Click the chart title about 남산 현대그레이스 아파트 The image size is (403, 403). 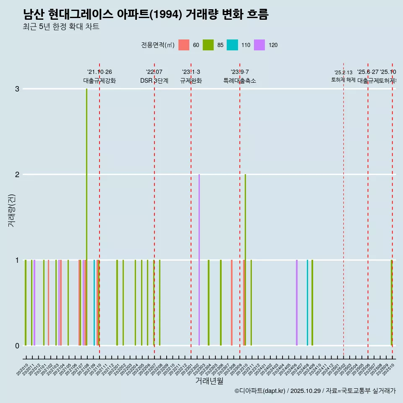tap(146, 15)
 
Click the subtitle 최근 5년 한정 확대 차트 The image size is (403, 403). tap(61, 27)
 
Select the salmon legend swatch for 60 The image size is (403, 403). tap(184, 45)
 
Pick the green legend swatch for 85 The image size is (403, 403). tap(208, 45)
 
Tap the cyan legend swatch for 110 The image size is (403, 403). tap(232, 45)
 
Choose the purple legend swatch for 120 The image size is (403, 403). tap(260, 45)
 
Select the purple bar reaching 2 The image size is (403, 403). tap(199, 260)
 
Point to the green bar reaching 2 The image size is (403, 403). tap(245, 260)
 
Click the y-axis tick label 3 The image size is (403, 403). tap(17, 89)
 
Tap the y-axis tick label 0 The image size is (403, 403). tap(17, 345)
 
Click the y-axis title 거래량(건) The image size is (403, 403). tap(12, 210)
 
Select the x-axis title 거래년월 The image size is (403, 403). tap(209, 381)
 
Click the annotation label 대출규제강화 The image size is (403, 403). tap(99, 81)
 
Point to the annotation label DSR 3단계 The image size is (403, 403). tap(154, 81)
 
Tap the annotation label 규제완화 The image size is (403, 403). tap(191, 81)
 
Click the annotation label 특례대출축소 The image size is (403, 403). tap(240, 81)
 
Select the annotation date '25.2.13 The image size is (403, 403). tap(343, 73)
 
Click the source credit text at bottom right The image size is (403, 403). tap(315, 391)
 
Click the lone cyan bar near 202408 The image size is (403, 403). tap(307, 302)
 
